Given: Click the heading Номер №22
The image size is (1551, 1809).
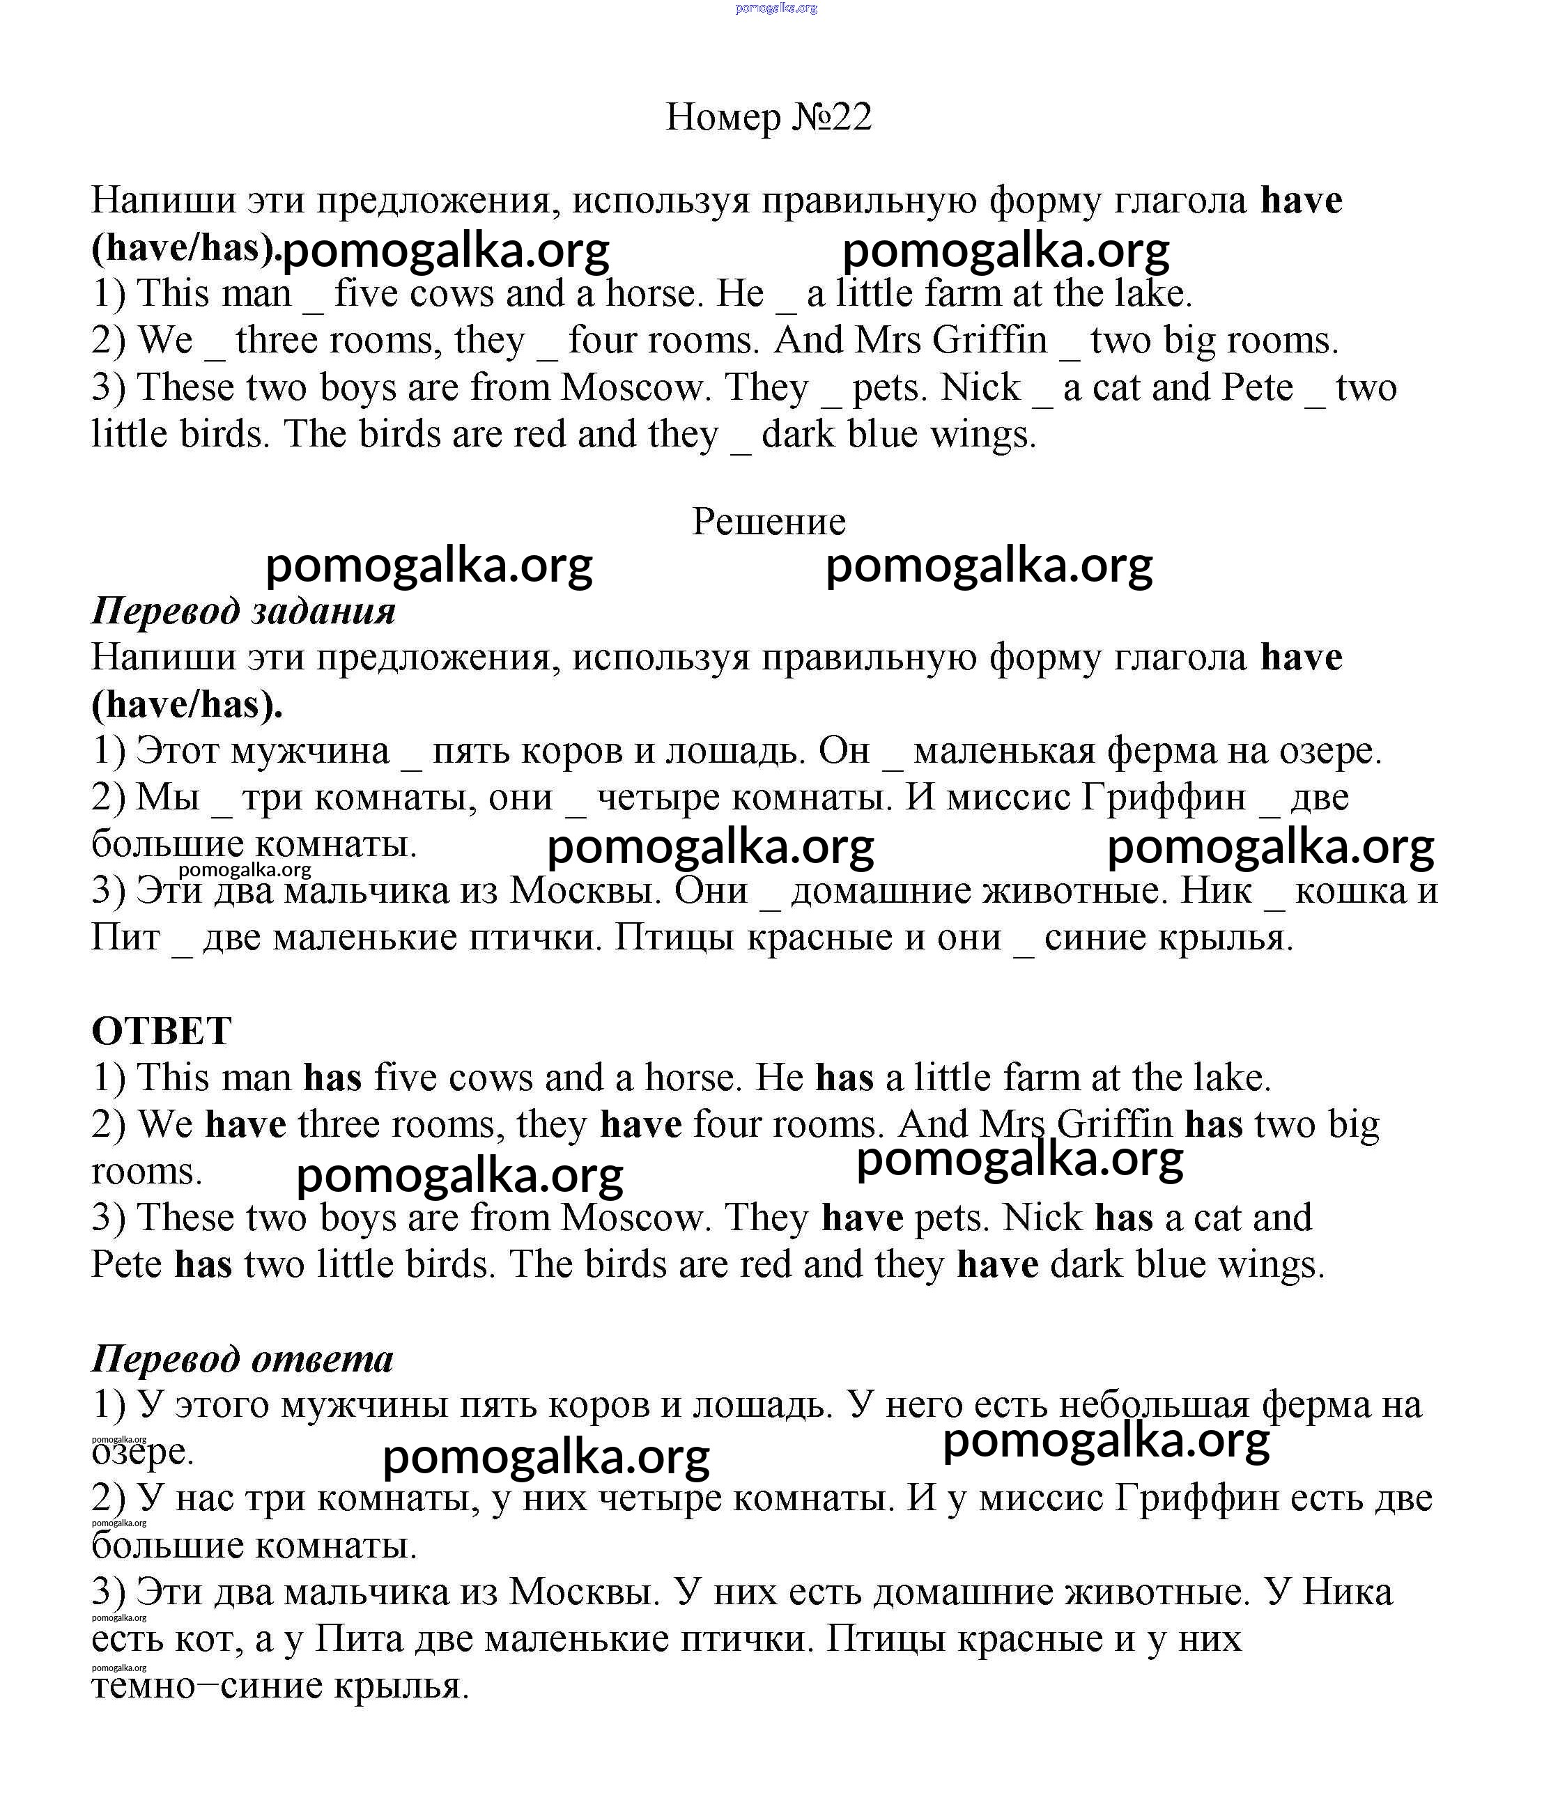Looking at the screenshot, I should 769,117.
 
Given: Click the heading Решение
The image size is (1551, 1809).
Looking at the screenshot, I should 769,522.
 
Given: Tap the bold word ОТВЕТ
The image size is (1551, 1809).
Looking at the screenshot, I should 162,1031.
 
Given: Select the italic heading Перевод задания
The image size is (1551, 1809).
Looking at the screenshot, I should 242,610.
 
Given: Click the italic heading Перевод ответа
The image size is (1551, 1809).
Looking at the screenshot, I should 242,1358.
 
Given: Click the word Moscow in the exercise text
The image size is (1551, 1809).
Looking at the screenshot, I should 632,387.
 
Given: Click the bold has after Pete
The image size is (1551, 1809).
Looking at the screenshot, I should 203,1264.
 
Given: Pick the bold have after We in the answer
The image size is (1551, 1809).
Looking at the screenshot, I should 245,1124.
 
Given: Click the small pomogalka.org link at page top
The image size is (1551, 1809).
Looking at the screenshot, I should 776,8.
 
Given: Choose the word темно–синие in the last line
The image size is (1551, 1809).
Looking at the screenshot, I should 206,1685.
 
